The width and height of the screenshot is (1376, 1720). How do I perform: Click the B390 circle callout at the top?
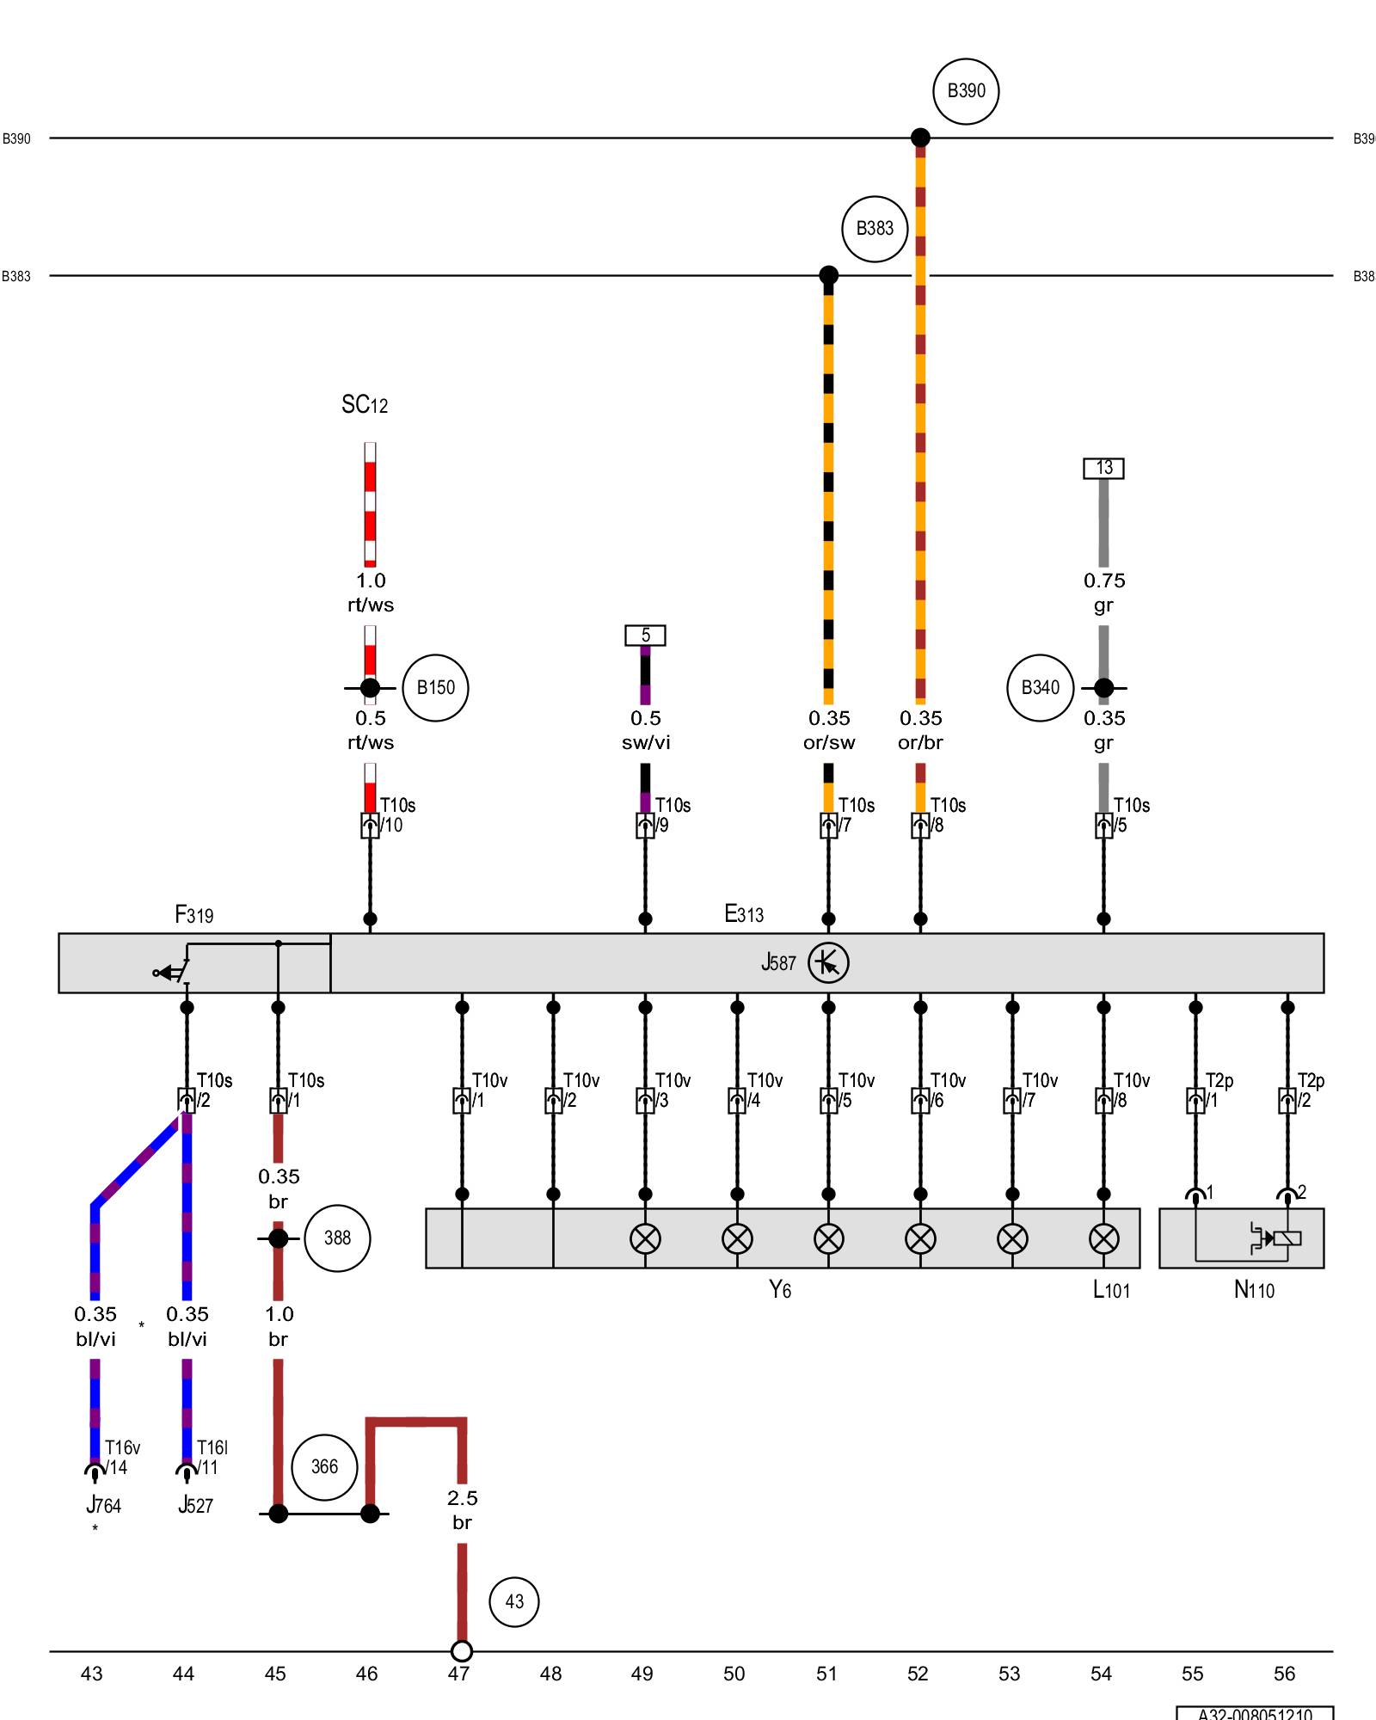pyautogui.click(x=966, y=91)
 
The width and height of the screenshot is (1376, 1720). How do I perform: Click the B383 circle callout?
pyautogui.click(x=875, y=229)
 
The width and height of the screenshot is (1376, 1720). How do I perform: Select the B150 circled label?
pyautogui.click(x=435, y=688)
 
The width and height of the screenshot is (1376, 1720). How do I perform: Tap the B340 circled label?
pyautogui.click(x=1041, y=688)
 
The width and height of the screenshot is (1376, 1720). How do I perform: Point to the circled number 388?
pyautogui.click(x=337, y=1238)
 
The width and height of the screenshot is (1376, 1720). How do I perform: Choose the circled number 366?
pyautogui.click(x=324, y=1467)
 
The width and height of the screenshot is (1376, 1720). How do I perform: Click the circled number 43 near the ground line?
pyautogui.click(x=514, y=1601)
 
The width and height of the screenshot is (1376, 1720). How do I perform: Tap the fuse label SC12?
pyautogui.click(x=365, y=405)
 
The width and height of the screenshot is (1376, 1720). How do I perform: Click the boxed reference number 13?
pyautogui.click(x=1103, y=468)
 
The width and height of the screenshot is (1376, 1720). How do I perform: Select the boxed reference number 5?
pyautogui.click(x=645, y=636)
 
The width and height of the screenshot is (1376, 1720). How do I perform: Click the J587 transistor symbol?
pyautogui.click(x=828, y=963)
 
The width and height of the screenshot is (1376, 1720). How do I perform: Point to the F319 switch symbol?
pyautogui.click(x=172, y=972)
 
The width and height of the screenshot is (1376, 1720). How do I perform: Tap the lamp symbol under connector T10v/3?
pyautogui.click(x=645, y=1239)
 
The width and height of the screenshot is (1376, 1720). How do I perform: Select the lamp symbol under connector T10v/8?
pyautogui.click(x=1103, y=1239)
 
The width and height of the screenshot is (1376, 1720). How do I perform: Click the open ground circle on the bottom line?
pyautogui.click(x=462, y=1651)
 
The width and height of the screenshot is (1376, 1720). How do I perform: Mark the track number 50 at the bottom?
pyautogui.click(x=734, y=1674)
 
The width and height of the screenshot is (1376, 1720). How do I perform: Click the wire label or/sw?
pyautogui.click(x=829, y=743)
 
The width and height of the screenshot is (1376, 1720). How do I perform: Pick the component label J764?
pyautogui.click(x=103, y=1505)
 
